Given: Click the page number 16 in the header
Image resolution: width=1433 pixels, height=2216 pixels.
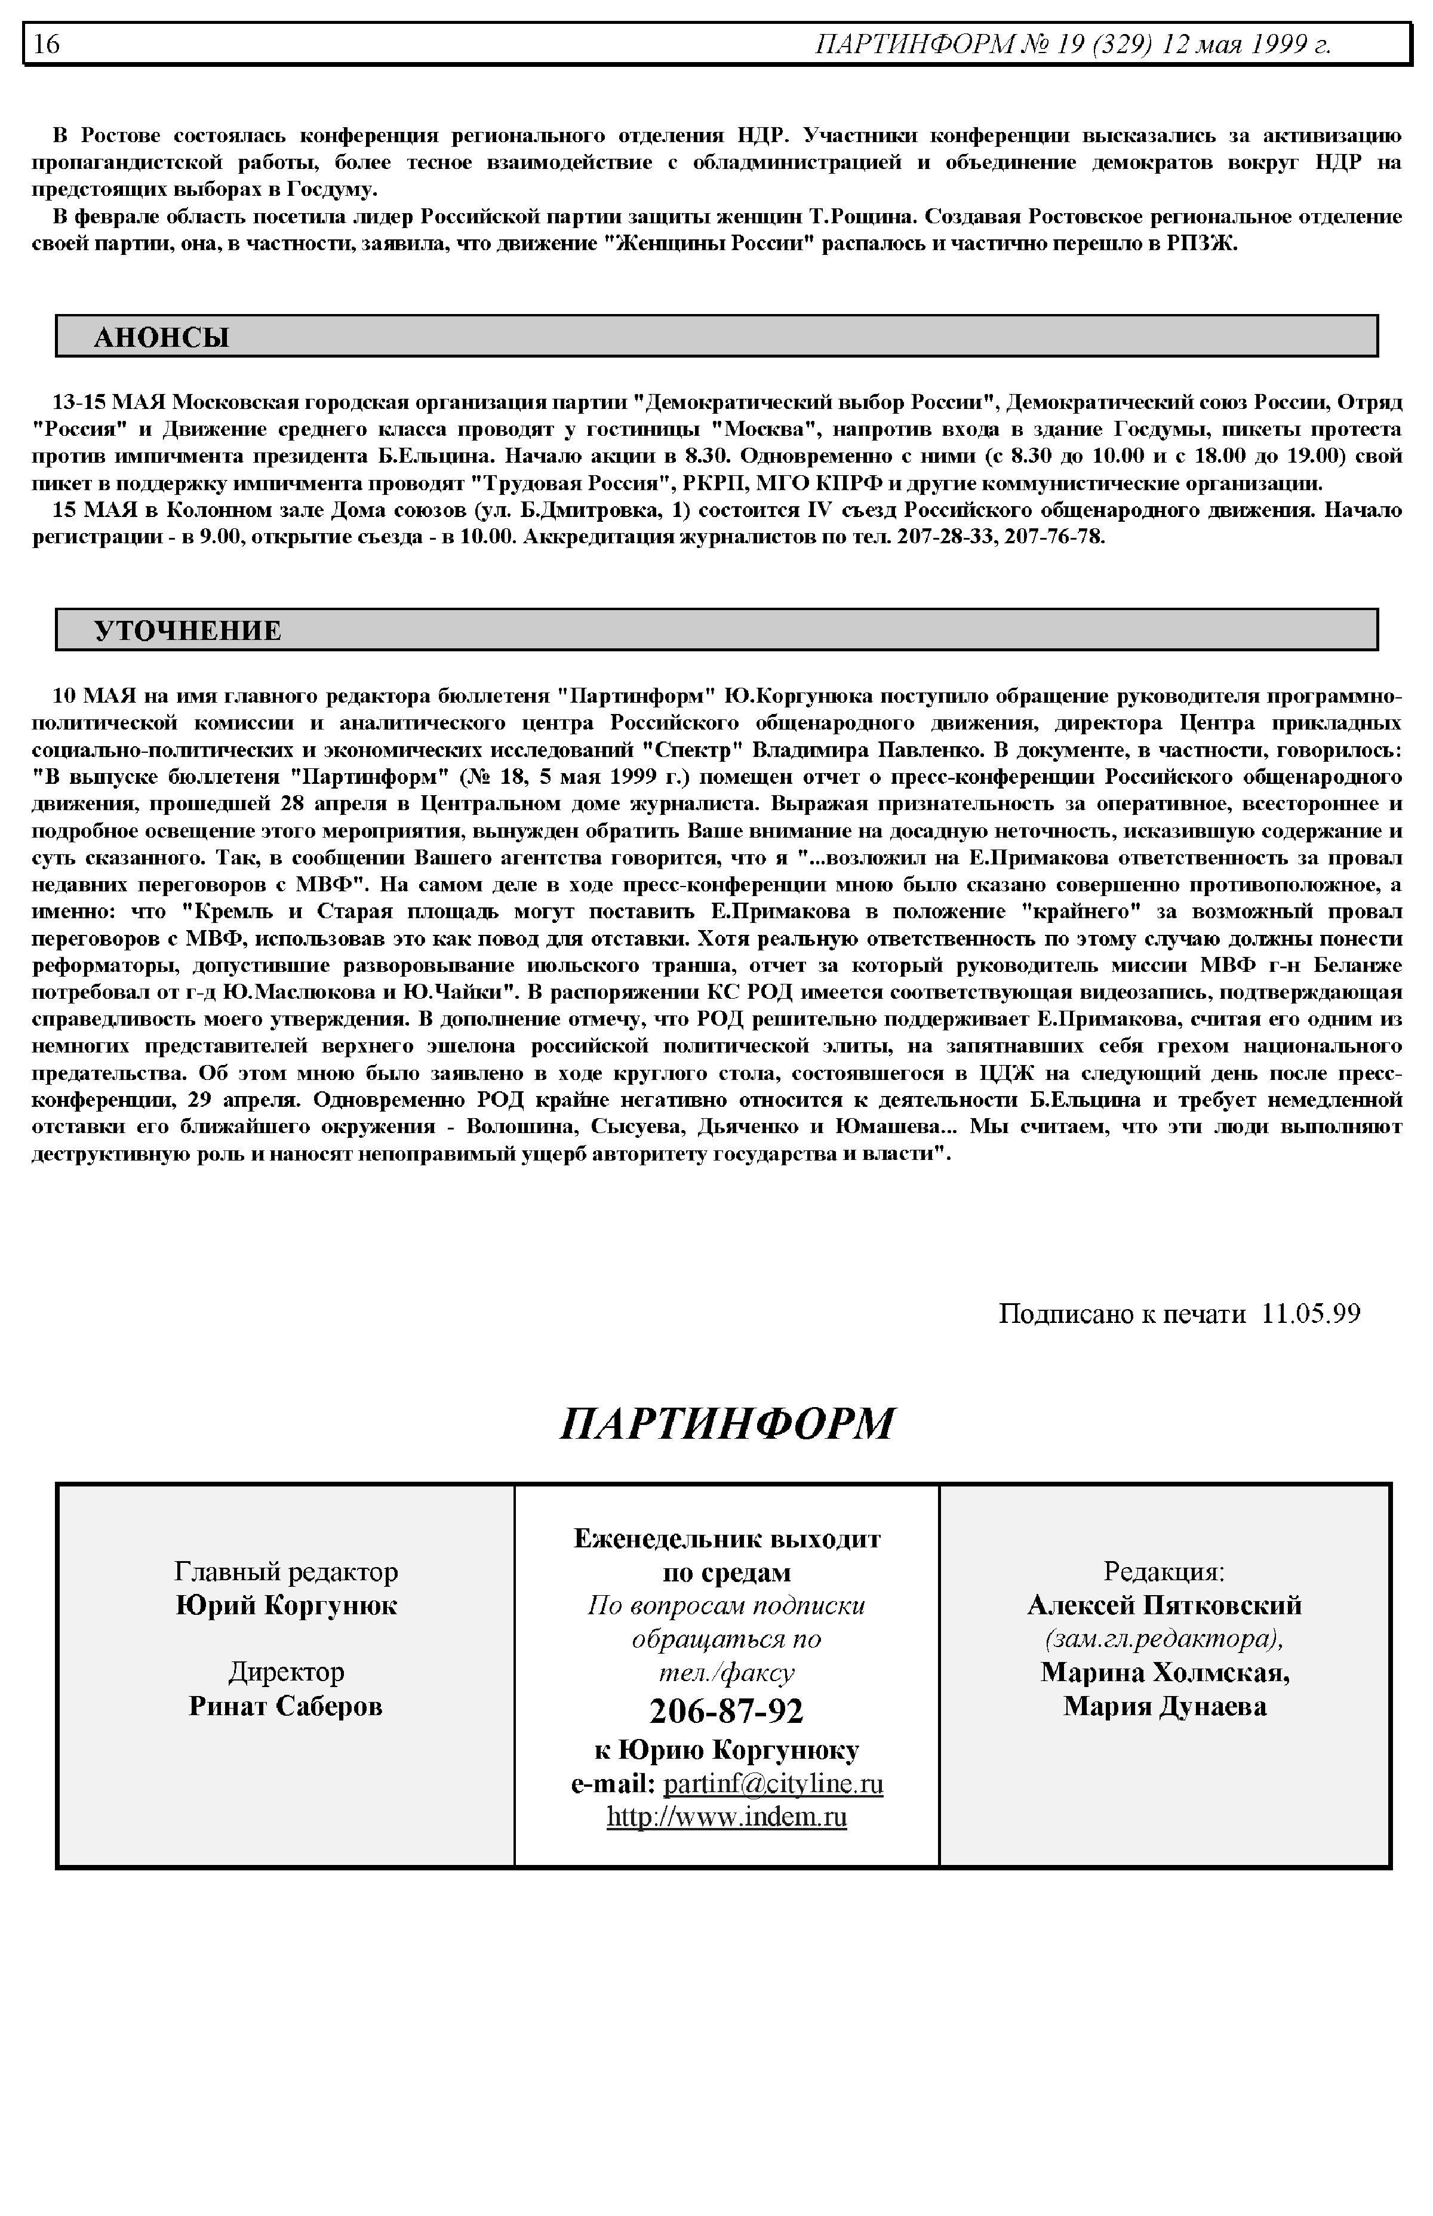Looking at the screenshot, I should [x=47, y=45].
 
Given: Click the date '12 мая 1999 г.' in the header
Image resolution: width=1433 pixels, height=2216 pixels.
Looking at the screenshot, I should [x=1245, y=45].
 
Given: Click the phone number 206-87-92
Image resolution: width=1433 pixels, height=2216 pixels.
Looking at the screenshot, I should [x=726, y=1709].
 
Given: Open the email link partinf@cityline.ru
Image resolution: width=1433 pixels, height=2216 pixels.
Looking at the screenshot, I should [x=773, y=1783].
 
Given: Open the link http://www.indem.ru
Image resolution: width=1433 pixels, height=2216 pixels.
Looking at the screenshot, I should [x=726, y=1816].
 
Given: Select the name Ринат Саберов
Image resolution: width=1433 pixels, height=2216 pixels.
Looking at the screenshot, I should [x=285, y=1705].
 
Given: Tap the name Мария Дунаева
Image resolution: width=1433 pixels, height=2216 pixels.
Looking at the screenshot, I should [x=1164, y=1705].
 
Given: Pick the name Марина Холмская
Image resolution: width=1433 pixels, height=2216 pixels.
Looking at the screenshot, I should [x=1164, y=1672].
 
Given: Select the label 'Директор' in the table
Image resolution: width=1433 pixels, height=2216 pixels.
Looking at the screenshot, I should [x=285, y=1672].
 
